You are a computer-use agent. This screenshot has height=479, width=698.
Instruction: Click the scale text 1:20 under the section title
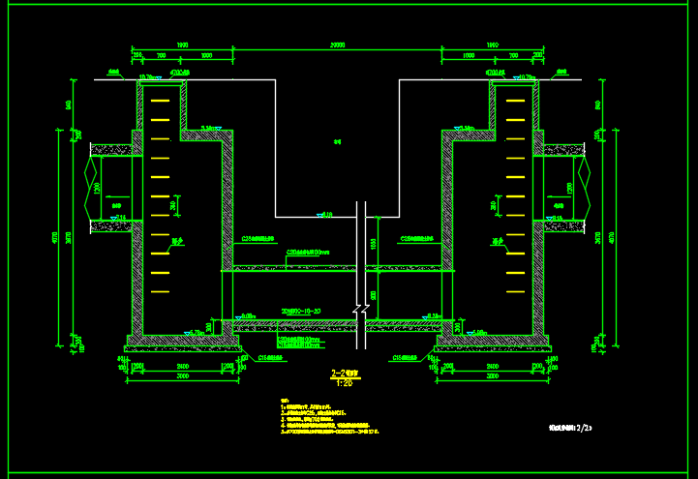click(345, 382)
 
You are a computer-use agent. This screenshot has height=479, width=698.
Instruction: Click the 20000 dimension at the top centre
click(337, 45)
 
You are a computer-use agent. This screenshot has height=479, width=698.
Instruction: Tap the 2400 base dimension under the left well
click(182, 366)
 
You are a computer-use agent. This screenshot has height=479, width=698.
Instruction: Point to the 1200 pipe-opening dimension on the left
click(97, 188)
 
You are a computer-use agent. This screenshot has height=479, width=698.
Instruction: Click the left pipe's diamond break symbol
click(94, 188)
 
